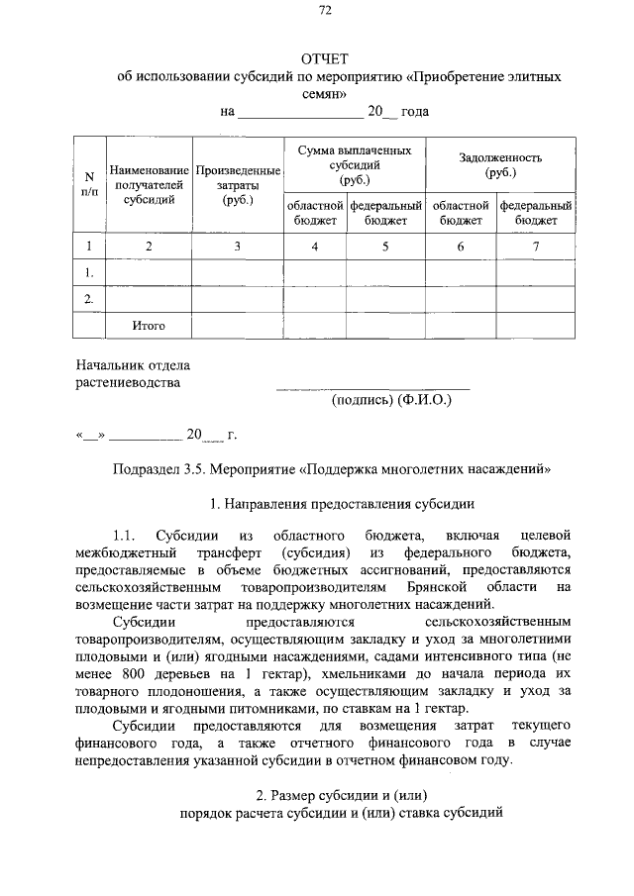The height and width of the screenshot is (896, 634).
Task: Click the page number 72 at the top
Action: tap(325, 11)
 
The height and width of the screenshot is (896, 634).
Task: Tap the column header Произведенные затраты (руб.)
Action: tap(238, 185)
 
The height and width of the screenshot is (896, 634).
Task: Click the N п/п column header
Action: tap(89, 184)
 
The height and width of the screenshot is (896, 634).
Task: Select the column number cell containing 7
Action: tap(536, 247)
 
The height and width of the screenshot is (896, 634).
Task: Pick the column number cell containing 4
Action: tap(315, 247)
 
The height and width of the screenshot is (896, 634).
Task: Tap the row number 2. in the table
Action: tap(89, 298)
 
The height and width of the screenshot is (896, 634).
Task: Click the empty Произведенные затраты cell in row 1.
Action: tap(238, 272)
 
